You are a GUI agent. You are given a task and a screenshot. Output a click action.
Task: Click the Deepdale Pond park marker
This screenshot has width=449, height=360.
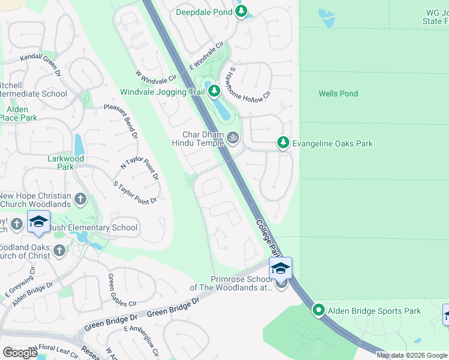coord(241,11)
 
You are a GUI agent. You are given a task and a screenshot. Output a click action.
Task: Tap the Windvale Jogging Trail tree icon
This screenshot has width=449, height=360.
coord(214,92)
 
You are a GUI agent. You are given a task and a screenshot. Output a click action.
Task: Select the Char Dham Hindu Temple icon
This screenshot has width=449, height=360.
coord(233,139)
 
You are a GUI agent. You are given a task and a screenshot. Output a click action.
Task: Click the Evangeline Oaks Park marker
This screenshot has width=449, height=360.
coord(283,143)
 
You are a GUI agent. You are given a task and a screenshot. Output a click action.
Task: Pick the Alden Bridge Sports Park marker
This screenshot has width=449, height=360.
coord(319,310)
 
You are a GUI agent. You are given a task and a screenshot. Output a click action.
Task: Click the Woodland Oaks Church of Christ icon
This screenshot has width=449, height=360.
coord(59,251)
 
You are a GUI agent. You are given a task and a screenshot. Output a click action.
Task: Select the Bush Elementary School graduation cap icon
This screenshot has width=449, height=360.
coord(39,222)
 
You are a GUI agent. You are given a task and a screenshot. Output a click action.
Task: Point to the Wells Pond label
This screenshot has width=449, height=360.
coord(338,94)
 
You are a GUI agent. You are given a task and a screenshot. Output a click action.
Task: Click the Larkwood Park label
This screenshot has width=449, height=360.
coord(66,163)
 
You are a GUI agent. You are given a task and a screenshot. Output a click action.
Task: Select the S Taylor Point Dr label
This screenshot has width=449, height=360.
coord(135,192)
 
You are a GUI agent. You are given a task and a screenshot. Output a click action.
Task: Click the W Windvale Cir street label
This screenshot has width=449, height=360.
coord(155,76)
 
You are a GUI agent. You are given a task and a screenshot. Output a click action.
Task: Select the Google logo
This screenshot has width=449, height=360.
coord(20,353)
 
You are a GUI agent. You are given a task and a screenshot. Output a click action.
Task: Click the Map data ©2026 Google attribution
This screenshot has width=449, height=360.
coord(411,355)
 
